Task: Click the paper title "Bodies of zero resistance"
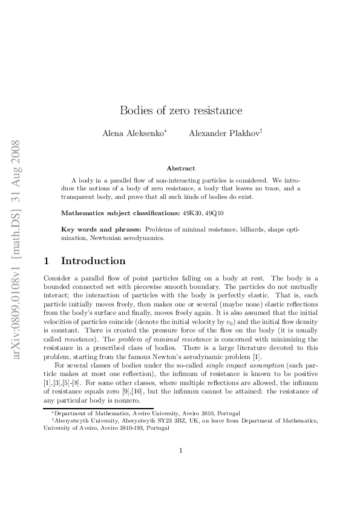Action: coord(181,111)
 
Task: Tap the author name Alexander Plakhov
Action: coord(224,132)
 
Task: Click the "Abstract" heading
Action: coord(180,168)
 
